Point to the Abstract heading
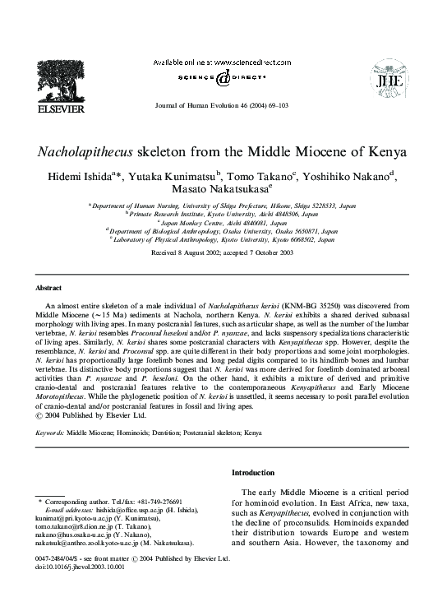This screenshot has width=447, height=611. click(x=48, y=288)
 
